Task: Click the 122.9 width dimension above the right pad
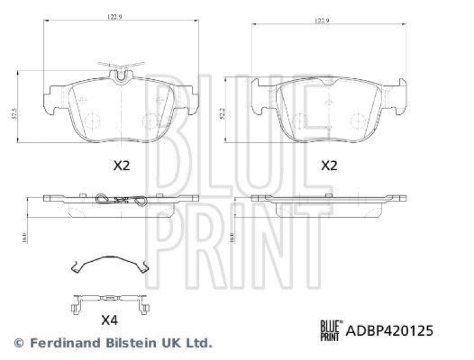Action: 321,21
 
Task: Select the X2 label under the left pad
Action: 121,166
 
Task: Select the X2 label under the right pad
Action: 329,166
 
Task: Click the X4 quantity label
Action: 109,321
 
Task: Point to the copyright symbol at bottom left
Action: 18,342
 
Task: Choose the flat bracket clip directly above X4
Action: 109,302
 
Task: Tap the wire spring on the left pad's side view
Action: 121,201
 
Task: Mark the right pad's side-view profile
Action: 329,204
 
